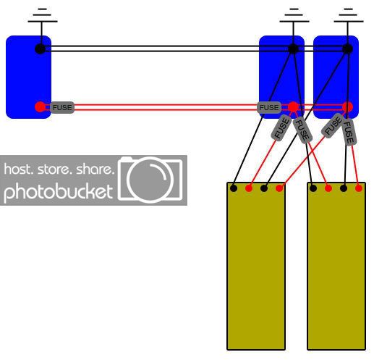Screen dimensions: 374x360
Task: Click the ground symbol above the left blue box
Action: [x=43, y=15]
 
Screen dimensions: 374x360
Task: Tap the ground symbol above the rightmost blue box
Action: [x=348, y=15]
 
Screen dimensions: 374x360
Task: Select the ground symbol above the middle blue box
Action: [x=294, y=15]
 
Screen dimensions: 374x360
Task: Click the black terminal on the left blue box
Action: [x=40, y=49]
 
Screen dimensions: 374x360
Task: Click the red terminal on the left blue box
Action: [x=40, y=106]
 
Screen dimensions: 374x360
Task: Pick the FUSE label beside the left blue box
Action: [x=62, y=107]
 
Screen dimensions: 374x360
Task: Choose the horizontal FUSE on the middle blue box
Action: [x=269, y=107]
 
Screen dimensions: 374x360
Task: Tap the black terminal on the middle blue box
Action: [x=293, y=49]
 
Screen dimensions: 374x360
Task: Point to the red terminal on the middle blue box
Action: [x=293, y=106]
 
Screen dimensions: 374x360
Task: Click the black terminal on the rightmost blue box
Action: [x=347, y=49]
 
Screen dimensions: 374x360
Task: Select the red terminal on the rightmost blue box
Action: [x=347, y=106]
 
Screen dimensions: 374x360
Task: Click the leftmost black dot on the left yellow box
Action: [x=234, y=188]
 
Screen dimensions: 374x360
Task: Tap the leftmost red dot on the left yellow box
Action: [x=249, y=188]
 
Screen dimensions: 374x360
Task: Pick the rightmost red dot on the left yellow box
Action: [x=279, y=188]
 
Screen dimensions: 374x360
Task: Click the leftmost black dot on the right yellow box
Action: [x=313, y=188]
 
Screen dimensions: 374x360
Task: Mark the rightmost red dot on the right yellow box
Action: [x=359, y=188]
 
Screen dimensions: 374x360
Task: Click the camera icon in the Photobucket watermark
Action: [x=150, y=179]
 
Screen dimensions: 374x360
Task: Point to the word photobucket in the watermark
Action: [x=59, y=193]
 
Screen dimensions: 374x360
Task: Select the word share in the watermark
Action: [x=95, y=169]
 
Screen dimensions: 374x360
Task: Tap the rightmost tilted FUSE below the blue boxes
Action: [x=349, y=133]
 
